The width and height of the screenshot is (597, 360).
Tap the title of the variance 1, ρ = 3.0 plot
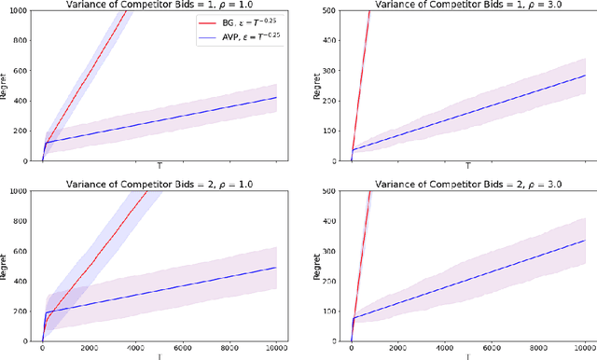point(467,5)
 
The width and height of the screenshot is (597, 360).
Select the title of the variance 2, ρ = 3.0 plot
point(467,185)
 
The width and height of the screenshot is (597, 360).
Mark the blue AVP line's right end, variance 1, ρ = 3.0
point(585,75)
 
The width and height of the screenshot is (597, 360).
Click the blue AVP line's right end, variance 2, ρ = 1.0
point(276,268)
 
